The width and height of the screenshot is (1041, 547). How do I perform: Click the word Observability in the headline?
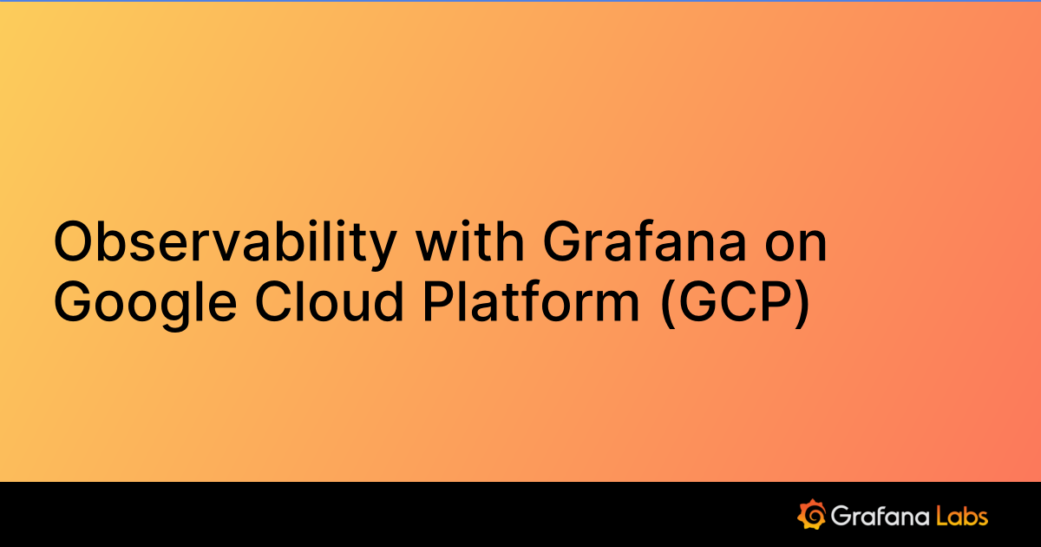[x=225, y=243]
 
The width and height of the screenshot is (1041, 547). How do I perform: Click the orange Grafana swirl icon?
[x=810, y=515]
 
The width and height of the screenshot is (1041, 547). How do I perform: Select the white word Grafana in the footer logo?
[x=878, y=517]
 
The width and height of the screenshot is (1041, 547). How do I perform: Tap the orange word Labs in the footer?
[x=961, y=516]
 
